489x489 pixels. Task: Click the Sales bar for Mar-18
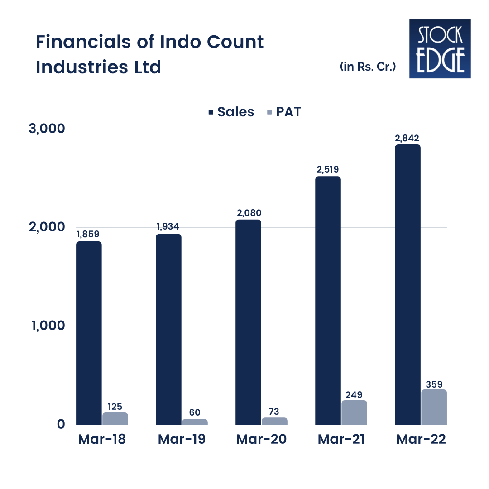(89, 333)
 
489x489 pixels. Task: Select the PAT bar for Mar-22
(434, 407)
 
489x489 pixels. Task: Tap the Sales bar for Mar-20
(248, 322)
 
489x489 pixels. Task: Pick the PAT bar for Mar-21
(354, 412)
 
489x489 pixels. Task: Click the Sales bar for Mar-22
(407, 284)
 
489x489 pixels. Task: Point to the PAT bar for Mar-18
(115, 418)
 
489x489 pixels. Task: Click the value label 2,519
(328, 170)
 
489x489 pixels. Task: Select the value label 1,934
(168, 227)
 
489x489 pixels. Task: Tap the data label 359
(434, 384)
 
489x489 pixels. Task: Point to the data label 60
(195, 412)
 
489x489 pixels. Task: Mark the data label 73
(274, 411)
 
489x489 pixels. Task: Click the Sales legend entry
(231, 112)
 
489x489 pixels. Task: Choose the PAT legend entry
(284, 112)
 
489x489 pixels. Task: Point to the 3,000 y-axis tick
(47, 129)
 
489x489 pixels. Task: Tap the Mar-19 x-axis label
(182, 440)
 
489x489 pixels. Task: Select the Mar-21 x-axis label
(341, 440)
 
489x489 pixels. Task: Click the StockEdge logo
(440, 48)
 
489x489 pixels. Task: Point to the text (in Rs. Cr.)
(368, 67)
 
